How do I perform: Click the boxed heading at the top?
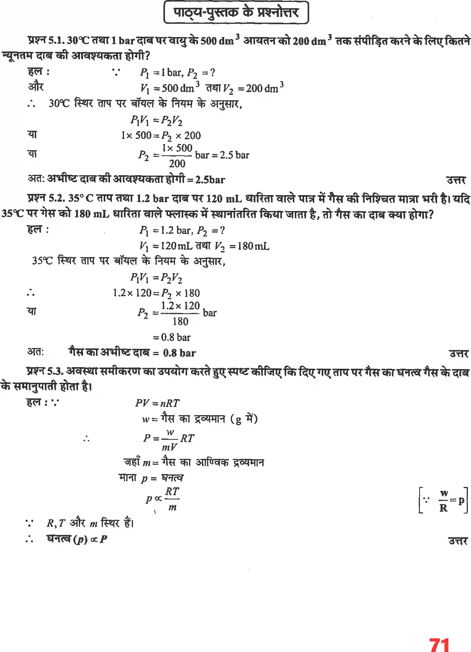[x=236, y=12]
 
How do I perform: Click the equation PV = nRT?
[x=157, y=403]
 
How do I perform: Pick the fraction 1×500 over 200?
[x=177, y=155]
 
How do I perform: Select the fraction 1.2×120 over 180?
[x=180, y=313]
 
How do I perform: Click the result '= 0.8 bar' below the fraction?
[x=172, y=337]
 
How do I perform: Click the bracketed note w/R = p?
[x=443, y=500]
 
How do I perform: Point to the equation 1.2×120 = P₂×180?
[x=156, y=293]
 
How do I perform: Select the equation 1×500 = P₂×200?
[x=161, y=135]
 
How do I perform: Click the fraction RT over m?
[x=172, y=499]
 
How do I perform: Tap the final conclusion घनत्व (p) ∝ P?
[x=77, y=539]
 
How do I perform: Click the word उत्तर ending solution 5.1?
[x=456, y=180]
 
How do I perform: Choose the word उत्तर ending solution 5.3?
[x=458, y=541]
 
